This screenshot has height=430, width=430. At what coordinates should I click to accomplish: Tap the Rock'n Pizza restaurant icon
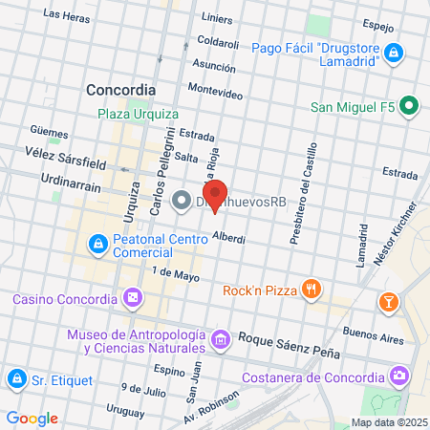tap(311, 289)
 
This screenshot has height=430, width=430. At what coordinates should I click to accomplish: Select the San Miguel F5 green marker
tap(408, 106)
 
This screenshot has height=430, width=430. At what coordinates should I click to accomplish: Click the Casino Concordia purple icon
tap(133, 299)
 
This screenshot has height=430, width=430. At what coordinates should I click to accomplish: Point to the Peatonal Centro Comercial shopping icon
tap(97, 246)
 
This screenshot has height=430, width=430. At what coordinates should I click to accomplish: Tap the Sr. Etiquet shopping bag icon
tap(15, 379)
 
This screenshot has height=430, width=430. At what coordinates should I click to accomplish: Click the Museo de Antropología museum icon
tap(221, 338)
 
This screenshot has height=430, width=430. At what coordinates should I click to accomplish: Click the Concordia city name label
tap(120, 89)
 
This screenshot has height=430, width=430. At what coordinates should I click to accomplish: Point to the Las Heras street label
tap(67, 16)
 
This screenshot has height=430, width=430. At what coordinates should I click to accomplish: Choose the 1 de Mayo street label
tap(175, 274)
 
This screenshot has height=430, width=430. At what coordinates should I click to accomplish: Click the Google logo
tap(32, 419)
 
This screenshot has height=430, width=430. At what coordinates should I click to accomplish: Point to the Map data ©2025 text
tap(388, 422)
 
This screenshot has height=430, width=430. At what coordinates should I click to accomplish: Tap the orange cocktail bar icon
tap(388, 303)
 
